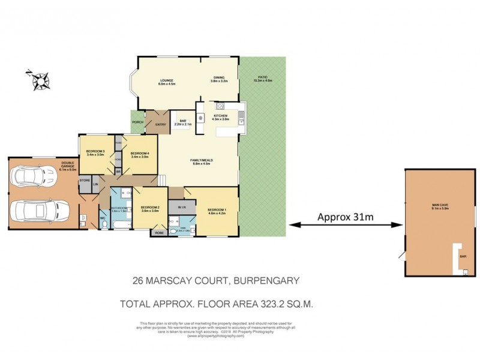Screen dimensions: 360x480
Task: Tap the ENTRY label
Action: (x=160, y=124)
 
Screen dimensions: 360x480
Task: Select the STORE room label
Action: (x=84, y=179)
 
